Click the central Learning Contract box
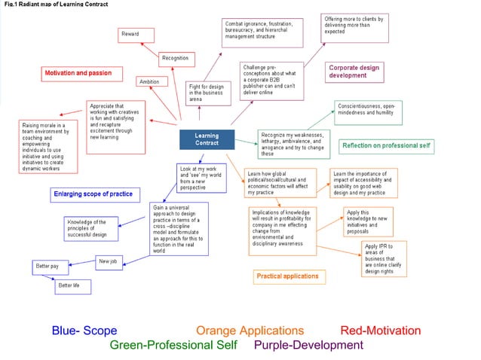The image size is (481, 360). click(x=207, y=139)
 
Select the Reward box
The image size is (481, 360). click(x=136, y=35)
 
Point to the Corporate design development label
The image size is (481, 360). click(x=354, y=72)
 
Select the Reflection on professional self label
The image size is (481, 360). click(x=386, y=145)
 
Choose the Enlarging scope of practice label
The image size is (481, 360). click(x=93, y=194)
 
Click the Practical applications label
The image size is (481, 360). click(x=287, y=276)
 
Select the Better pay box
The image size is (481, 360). click(x=49, y=267)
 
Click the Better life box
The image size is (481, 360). click(x=72, y=286)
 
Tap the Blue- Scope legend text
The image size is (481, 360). click(x=84, y=330)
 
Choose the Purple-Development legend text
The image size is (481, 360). click(x=308, y=345)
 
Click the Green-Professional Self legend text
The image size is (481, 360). click(x=173, y=345)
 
